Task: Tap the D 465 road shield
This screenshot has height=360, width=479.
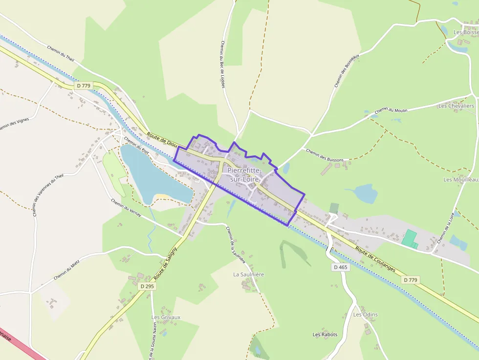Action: (341, 267)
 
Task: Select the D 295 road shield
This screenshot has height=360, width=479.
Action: (147, 286)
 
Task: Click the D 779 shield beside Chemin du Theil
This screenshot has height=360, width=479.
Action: (84, 85)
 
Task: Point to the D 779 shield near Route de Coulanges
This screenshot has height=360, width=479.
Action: (411, 280)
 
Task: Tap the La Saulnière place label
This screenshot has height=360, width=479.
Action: (248, 275)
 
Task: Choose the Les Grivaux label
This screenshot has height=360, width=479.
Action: (166, 317)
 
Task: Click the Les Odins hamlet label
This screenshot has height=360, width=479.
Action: (366, 315)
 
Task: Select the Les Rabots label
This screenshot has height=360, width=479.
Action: (325, 335)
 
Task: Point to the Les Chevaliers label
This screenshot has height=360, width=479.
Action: (456, 106)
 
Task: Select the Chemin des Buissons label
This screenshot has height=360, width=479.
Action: (325, 155)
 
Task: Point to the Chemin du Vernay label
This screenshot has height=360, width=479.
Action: (126, 208)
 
